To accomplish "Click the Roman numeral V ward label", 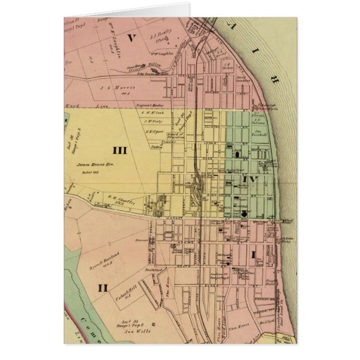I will pyautogui.click(x=132, y=38).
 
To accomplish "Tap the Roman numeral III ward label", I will pyautogui.click(x=120, y=150).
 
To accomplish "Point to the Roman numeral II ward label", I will pyautogui.click(x=102, y=288).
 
